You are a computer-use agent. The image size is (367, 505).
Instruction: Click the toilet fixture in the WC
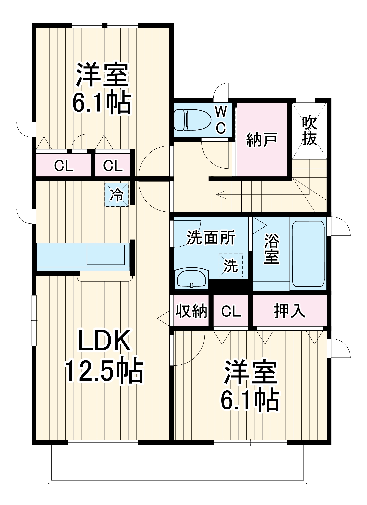pos(192,119)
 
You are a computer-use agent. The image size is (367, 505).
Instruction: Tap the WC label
pos(221,119)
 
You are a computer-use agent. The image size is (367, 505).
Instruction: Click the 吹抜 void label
pos(309,131)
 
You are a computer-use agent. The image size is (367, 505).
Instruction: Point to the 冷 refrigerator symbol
pos(117,195)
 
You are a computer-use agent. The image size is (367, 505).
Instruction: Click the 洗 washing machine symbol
pos(230,265)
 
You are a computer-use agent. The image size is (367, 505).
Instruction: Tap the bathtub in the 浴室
pos(308,254)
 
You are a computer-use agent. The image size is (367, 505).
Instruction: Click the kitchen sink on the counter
pos(106,255)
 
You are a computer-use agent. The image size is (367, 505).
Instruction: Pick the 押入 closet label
pos(290,311)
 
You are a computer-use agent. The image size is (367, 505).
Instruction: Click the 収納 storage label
pos(191,311)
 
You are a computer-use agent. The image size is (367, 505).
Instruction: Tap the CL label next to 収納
pos(231,311)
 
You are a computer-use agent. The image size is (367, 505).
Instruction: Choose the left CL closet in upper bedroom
pos(64,166)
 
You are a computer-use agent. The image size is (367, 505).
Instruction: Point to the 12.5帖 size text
pos(104,370)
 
